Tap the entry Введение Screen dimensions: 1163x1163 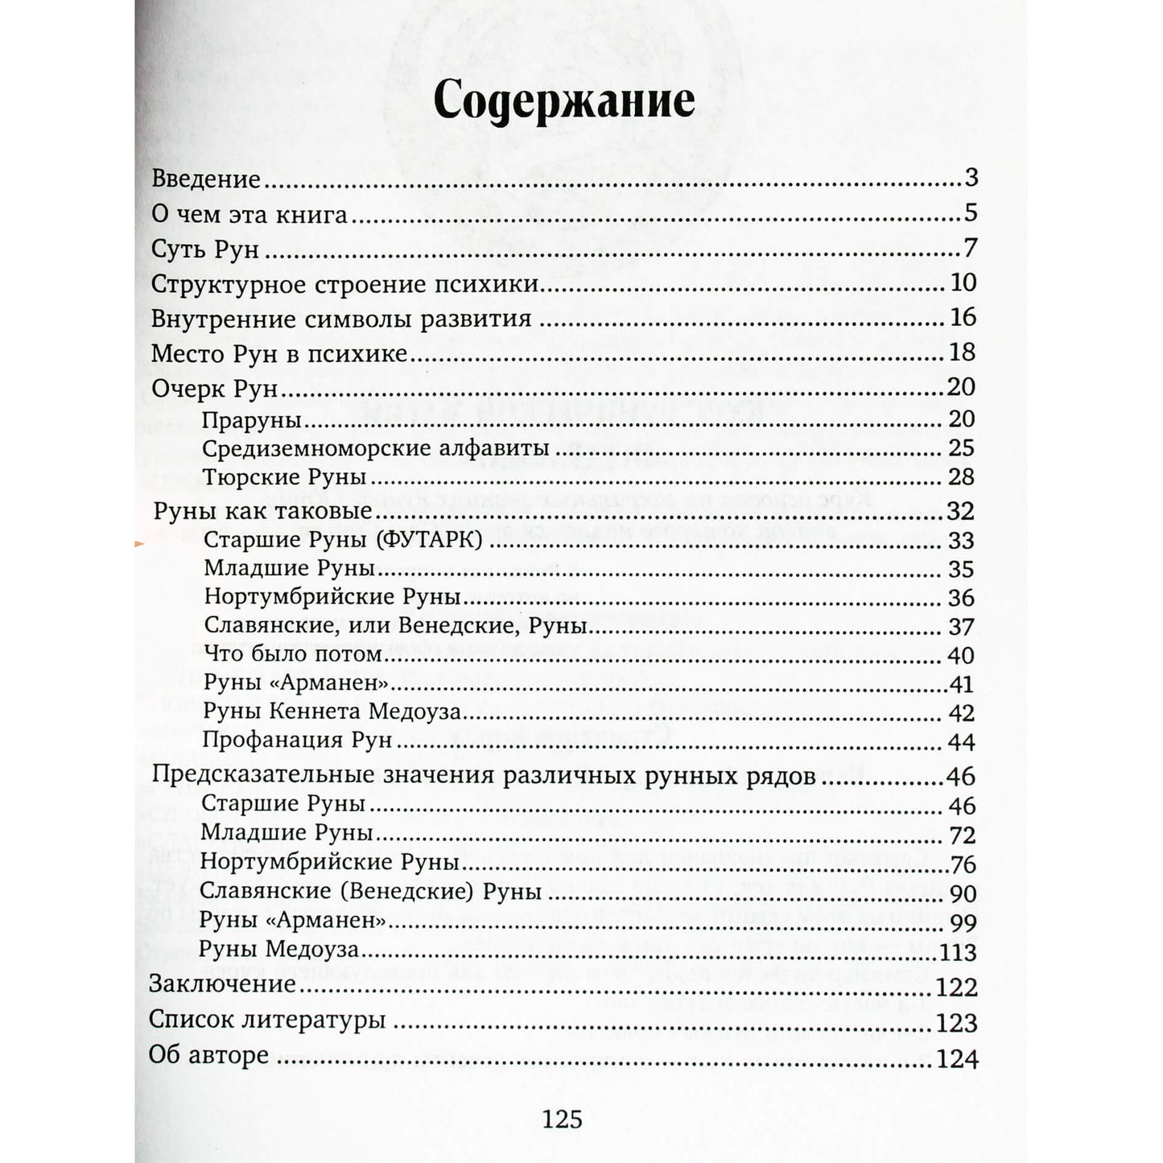[x=206, y=179]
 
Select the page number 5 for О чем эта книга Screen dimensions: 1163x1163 [x=970, y=213]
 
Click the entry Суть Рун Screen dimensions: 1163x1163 [x=205, y=249]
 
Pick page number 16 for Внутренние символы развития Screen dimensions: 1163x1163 [x=963, y=318]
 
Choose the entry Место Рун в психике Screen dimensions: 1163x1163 [x=279, y=353]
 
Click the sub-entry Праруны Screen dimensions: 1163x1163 [x=252, y=420]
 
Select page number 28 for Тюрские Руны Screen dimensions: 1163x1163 [x=961, y=477]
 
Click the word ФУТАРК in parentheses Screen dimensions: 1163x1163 [x=429, y=540]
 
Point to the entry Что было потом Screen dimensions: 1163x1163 [x=292, y=654]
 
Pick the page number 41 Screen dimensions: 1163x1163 [x=962, y=685]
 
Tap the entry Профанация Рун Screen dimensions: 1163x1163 [x=297, y=740]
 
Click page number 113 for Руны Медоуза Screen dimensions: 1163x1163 [x=957, y=953]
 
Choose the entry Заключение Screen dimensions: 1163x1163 [x=223, y=984]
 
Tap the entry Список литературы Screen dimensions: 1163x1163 [x=267, y=1020]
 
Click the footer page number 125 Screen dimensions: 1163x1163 [x=563, y=1120]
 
